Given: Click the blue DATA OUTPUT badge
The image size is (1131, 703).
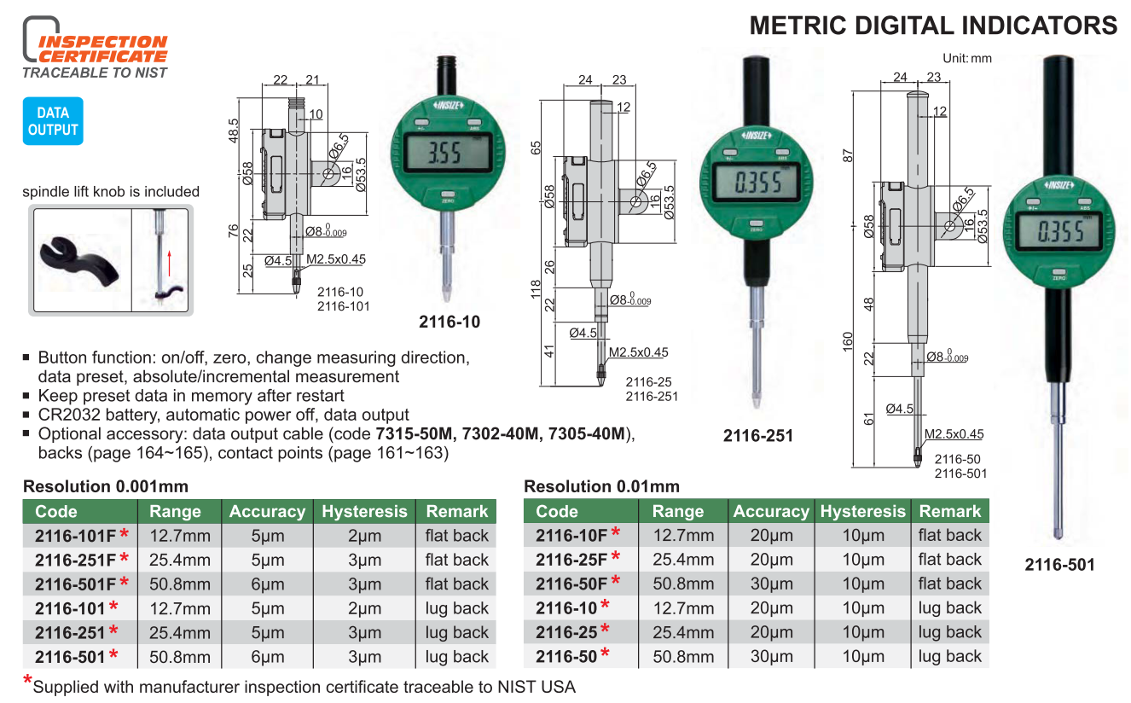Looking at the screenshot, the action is point(53,121).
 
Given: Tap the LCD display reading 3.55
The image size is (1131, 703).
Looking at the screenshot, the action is point(447,153).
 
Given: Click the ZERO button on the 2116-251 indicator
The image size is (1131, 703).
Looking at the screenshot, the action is point(756,224).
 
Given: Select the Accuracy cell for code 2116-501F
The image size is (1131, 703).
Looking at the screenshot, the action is point(268,584).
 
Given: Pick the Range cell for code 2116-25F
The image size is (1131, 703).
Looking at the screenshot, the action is point(683,560).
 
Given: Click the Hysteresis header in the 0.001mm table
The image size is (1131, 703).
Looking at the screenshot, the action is point(364,511).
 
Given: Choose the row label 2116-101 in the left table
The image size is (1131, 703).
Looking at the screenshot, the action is point(70,608).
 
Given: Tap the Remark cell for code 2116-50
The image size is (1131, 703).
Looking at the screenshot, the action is point(949,657).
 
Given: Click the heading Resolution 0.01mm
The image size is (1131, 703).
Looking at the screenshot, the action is point(601,486).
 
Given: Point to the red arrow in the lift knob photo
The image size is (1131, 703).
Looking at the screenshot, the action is point(170,263).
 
